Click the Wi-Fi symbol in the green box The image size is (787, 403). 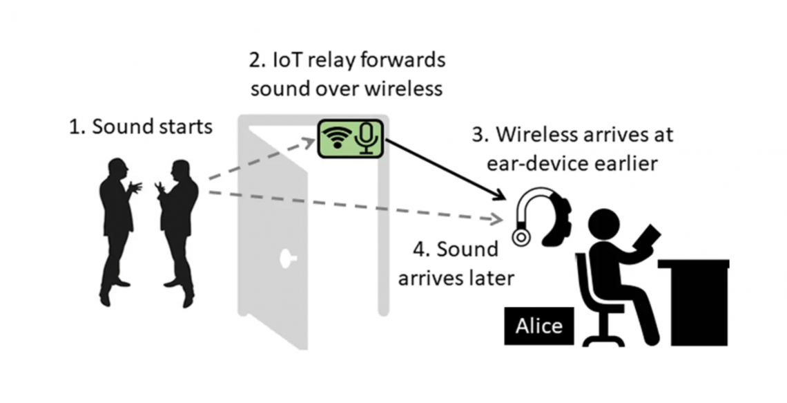336,138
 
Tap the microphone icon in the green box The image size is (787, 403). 366,138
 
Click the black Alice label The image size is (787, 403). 538,326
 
